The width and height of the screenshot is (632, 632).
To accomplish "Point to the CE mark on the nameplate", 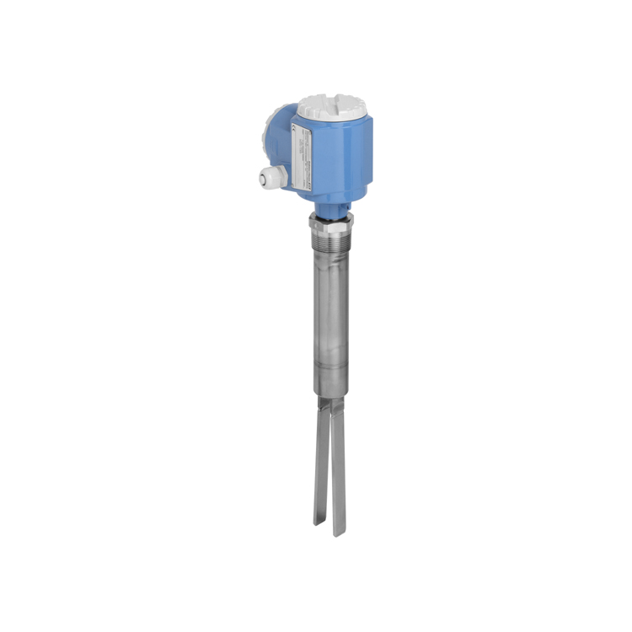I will coord(292,129).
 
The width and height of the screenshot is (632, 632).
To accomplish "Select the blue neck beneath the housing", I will coord(329,206).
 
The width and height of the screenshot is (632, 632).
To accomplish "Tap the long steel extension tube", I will coord(331,320).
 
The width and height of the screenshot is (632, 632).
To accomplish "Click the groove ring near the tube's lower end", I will coord(330,384).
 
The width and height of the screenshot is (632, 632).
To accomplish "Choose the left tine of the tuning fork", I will coord(321,472).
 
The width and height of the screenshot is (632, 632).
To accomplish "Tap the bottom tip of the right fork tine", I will coord(340,533).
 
